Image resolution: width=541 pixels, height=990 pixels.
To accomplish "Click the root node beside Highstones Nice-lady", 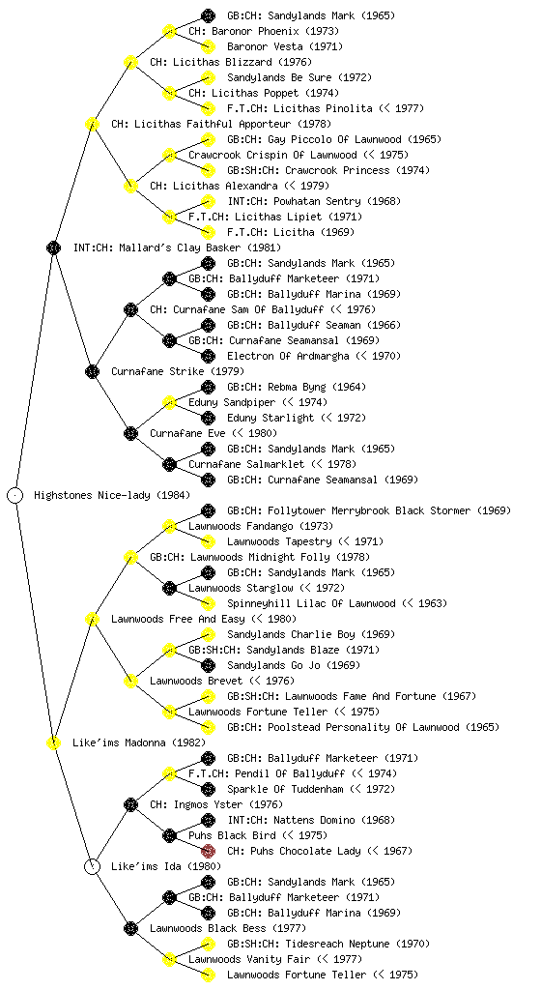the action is coord(15,496).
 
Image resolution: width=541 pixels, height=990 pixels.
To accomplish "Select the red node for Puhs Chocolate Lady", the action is coord(208,851).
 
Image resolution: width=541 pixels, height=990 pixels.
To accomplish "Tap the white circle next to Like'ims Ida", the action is coord(92,866).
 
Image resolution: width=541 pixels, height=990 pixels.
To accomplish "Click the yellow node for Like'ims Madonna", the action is coord(53,742).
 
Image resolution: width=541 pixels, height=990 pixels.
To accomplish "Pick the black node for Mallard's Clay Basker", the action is coord(53,247).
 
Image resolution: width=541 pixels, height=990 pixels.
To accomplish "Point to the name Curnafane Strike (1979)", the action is coord(178,371).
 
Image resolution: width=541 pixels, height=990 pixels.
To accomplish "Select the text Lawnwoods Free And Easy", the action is coord(178,619).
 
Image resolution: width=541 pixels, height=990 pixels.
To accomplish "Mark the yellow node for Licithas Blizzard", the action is coord(130,62).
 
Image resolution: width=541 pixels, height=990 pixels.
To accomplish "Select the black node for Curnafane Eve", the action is coord(130,433).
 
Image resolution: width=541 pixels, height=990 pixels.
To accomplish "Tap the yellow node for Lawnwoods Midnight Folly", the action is coord(130,557).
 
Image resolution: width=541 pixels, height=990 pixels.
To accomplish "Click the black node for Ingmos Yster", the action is coord(130,804).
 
